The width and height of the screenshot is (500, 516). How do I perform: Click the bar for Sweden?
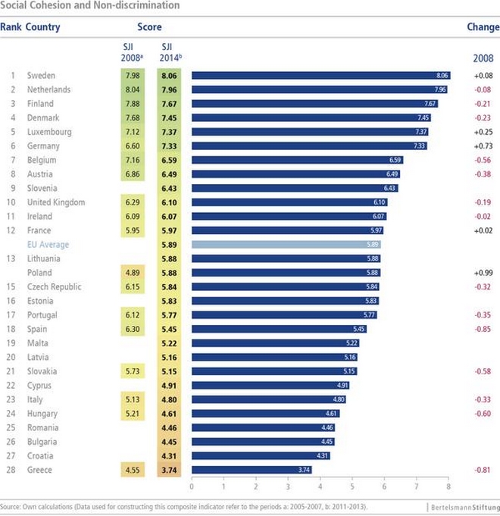(321, 75)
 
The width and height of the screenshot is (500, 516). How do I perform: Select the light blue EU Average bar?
(286, 245)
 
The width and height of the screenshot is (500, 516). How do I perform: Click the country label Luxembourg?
(49, 132)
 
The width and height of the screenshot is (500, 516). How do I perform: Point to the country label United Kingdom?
(56, 202)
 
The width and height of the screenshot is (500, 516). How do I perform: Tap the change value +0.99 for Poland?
(483, 273)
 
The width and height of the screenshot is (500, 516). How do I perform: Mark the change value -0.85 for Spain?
(483, 329)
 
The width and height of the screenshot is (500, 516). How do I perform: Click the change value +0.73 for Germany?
(483, 146)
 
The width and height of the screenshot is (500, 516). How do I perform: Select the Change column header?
(483, 27)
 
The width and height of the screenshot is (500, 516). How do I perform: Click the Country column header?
(42, 27)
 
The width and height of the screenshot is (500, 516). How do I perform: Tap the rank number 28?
(12, 470)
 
